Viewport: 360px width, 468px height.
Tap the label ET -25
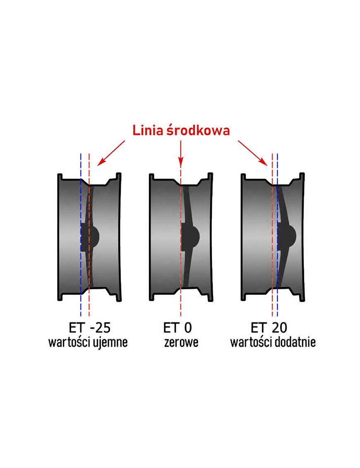click(89, 328)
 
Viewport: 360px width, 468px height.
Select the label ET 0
click(178, 328)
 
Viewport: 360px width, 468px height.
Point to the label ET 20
click(269, 328)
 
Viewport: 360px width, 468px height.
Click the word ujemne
click(110, 342)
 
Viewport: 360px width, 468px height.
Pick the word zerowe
click(181, 343)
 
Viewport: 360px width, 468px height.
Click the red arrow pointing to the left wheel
click(111, 153)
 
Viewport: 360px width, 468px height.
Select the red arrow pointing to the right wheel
click(252, 153)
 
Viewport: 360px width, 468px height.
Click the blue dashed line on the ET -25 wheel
click(81, 235)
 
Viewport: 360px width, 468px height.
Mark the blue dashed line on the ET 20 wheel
click(277, 235)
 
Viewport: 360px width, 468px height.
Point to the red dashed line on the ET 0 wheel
click(180, 242)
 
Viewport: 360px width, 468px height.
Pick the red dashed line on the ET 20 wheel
click(272, 235)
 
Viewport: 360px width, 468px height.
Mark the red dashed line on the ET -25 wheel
click(89, 235)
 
